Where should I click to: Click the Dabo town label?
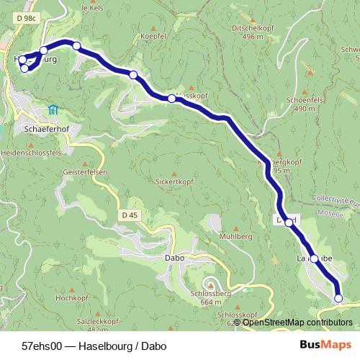(175, 257)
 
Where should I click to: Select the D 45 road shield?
(129, 215)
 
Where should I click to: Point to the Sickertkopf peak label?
(172, 182)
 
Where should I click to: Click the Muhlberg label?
(235, 236)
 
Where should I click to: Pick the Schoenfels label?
(301, 100)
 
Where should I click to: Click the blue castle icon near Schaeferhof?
(53, 109)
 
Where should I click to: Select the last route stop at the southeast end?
(338, 298)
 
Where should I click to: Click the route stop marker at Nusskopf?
(171, 99)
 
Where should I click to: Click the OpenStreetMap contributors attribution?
(297, 323)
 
